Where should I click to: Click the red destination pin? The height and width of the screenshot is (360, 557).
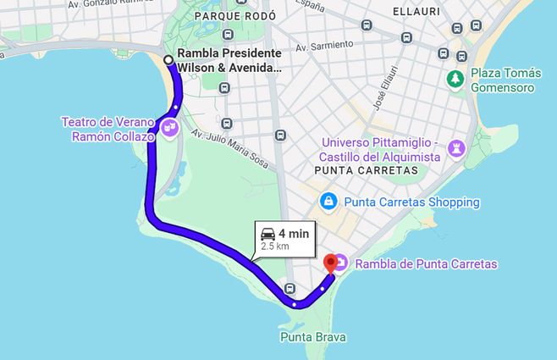click(x=330, y=263)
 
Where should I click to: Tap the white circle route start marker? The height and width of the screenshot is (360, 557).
click(x=168, y=59)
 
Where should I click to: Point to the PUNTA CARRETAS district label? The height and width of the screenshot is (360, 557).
click(x=366, y=171)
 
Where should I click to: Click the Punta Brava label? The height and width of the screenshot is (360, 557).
click(x=313, y=337)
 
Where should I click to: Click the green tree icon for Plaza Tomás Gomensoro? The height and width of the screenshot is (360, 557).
click(x=455, y=79)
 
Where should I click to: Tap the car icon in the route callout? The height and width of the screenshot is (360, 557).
click(x=267, y=234)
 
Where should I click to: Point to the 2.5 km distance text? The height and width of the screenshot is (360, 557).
click(x=275, y=246)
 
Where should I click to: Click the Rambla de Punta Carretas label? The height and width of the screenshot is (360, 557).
click(x=426, y=264)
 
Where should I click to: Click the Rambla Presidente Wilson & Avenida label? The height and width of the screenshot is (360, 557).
click(x=229, y=60)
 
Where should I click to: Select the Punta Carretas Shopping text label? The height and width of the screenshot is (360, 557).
click(x=411, y=202)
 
